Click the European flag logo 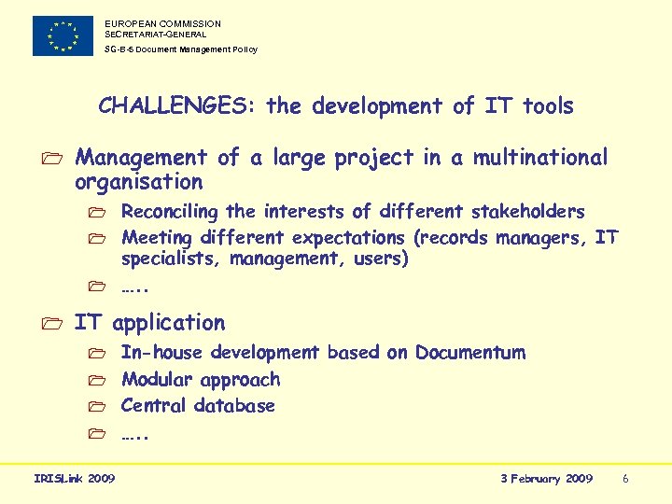coord(63,35)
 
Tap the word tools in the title coord(548,106)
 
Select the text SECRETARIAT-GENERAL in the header coord(156,35)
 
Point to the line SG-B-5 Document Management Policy coord(180,49)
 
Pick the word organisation coord(138,182)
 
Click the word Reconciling coord(169,212)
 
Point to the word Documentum coord(470,353)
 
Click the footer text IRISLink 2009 coord(75,479)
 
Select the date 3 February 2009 coord(546,479)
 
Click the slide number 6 coord(625,479)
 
